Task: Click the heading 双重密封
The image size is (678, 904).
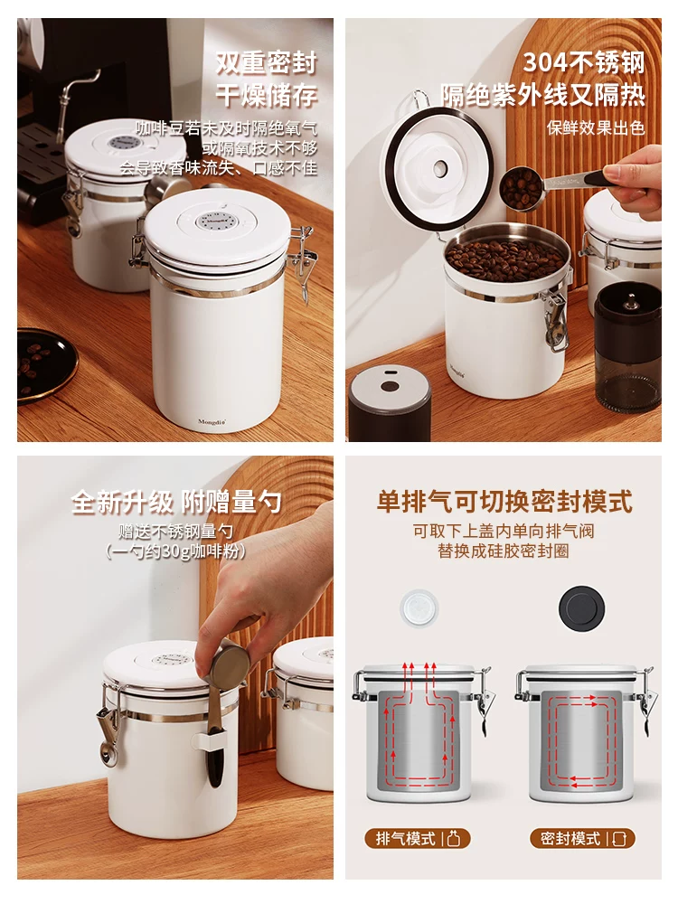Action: (266, 63)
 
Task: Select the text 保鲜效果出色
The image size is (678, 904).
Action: (596, 127)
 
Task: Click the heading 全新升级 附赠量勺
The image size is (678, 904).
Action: (177, 503)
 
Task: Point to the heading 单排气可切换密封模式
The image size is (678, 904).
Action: (504, 502)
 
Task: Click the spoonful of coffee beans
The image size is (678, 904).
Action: (522, 187)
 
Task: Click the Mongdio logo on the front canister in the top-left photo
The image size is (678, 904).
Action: (214, 421)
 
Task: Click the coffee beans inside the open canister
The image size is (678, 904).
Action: (506, 258)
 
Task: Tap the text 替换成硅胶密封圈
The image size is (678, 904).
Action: (504, 551)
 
